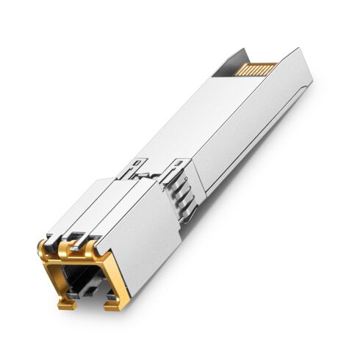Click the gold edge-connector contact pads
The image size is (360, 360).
point(257,69)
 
